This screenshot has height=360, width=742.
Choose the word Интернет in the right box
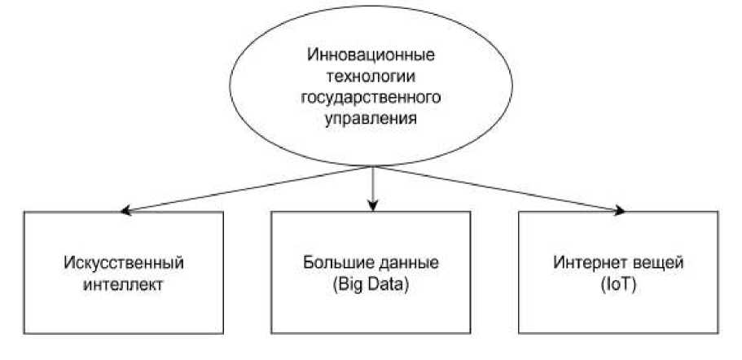pos(589,265)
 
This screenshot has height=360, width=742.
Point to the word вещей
pos(652,265)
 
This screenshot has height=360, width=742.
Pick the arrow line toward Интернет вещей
pos(497,189)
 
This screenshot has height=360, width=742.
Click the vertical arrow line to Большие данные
pos(372,186)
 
